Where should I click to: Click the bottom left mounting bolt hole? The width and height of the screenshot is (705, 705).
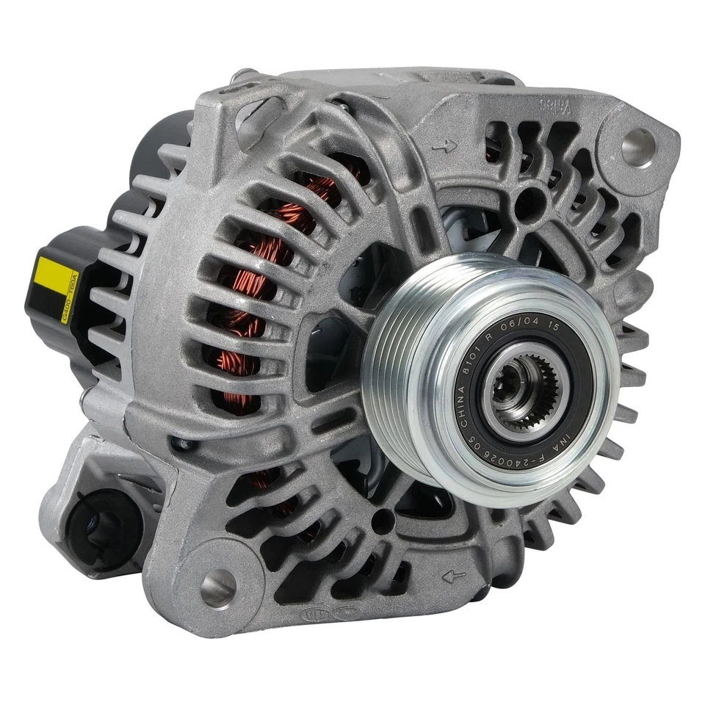[218, 587]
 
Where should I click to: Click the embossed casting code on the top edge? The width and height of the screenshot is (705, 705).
[556, 105]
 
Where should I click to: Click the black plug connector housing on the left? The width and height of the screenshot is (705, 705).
[66, 294]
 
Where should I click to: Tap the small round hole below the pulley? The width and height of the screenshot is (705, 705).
[380, 522]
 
